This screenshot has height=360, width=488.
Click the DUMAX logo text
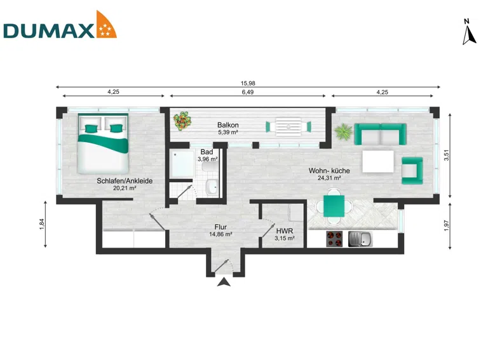point(48,30)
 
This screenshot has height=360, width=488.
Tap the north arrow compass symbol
point(469,32)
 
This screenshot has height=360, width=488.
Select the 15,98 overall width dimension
point(248,83)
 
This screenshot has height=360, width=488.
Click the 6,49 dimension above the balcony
point(248,92)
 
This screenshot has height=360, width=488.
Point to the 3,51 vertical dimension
point(447,155)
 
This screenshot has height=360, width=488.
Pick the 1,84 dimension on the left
point(42,225)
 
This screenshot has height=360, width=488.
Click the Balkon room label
point(228,125)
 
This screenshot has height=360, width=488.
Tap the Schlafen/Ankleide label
point(125,180)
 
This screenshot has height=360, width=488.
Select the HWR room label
point(285,231)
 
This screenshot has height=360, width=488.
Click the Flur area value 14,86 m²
point(220,234)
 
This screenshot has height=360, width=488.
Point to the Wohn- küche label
point(329,171)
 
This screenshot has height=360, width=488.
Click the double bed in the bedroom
point(103,143)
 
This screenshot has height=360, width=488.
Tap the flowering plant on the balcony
point(182,121)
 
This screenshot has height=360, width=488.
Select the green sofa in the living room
point(381,134)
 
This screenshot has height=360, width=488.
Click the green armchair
point(412,170)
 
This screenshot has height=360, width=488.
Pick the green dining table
point(334,206)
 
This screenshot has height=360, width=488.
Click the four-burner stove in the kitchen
point(335,239)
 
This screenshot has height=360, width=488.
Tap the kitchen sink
point(360,239)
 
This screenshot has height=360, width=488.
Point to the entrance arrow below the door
point(224,283)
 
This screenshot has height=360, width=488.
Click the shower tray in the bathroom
point(182,164)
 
